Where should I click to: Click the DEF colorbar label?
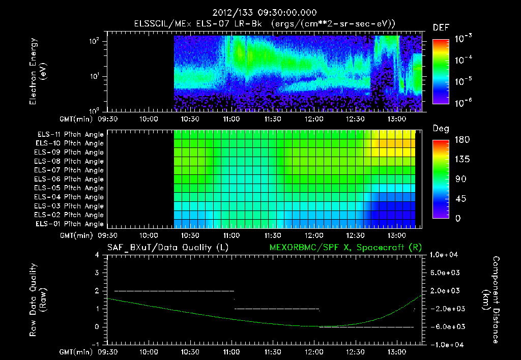[x=441, y=27]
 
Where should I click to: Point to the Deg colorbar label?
[x=441, y=129]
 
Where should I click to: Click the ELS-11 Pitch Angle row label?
[x=69, y=135]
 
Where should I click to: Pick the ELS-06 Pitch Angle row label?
[x=69, y=179]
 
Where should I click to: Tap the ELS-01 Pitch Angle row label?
[x=69, y=224]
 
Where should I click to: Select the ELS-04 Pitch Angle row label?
[x=69, y=197]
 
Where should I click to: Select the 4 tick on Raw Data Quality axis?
[x=97, y=255]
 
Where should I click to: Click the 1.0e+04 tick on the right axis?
[x=445, y=255]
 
